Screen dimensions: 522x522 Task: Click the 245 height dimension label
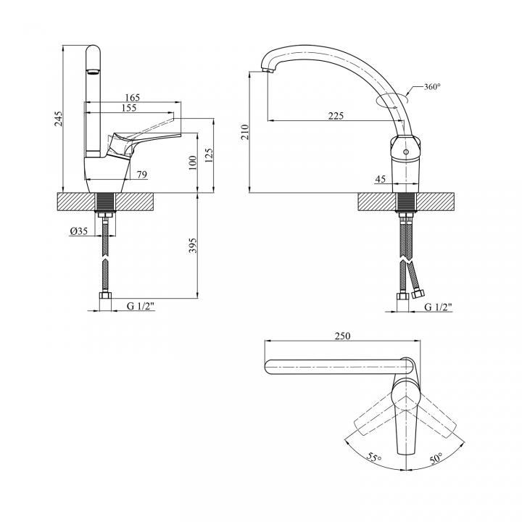58,119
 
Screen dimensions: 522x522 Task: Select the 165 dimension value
133,98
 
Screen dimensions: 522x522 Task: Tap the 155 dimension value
129,108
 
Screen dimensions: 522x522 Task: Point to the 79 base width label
142,175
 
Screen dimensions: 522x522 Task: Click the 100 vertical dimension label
193,163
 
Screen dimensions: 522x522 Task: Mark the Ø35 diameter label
79,231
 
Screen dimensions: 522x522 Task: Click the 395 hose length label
193,245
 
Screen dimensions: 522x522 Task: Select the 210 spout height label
245,132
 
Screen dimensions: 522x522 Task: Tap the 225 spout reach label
336,115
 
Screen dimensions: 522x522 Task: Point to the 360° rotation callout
432,86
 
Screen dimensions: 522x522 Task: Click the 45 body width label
380,179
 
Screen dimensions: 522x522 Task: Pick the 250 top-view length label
342,336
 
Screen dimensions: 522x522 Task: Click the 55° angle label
373,457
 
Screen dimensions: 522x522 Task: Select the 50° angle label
436,458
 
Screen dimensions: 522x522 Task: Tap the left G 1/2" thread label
141,306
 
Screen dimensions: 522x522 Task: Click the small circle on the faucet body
405,152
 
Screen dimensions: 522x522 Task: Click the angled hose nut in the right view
418,294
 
